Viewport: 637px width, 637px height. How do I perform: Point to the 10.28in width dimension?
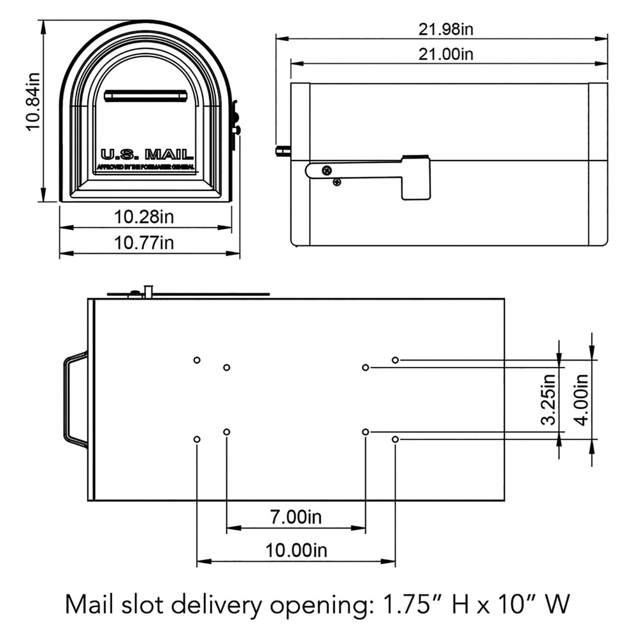coord(144,217)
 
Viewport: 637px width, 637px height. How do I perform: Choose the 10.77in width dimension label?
coord(144,243)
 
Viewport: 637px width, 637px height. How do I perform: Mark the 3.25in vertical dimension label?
coord(548,399)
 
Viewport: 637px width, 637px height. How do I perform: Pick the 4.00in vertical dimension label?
coord(581,399)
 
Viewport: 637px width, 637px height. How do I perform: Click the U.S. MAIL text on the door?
coord(146,154)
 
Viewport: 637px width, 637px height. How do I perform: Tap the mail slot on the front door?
coord(145,96)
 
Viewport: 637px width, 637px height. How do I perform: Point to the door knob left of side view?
coord(282,151)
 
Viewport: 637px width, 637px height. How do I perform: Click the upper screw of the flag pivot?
coord(327,170)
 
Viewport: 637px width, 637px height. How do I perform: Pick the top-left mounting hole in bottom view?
coord(197,360)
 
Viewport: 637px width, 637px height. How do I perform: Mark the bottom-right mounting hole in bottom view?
coord(396,440)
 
